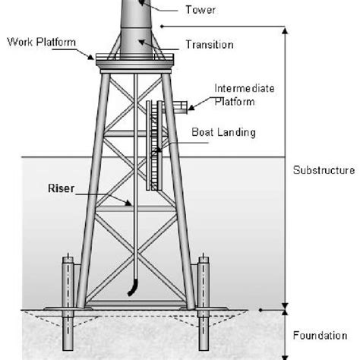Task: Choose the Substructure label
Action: [322, 170]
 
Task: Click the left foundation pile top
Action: [66, 261]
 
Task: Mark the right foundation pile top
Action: [204, 261]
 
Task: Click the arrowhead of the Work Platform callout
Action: [93, 58]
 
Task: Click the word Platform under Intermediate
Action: [235, 101]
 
